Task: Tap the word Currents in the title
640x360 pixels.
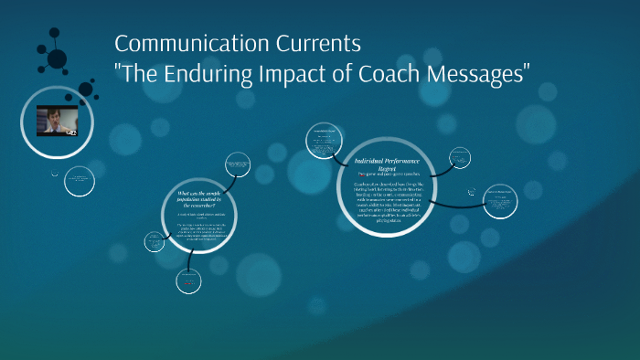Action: tap(307, 44)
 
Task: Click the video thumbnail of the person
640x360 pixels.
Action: tap(57, 121)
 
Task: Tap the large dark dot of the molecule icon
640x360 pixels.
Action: tap(57, 59)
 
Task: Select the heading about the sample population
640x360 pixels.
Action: tap(200, 198)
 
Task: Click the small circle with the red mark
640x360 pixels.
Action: tap(189, 281)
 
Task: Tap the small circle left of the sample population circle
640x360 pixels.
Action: tap(154, 242)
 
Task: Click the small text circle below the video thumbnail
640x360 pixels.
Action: tap(81, 179)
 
